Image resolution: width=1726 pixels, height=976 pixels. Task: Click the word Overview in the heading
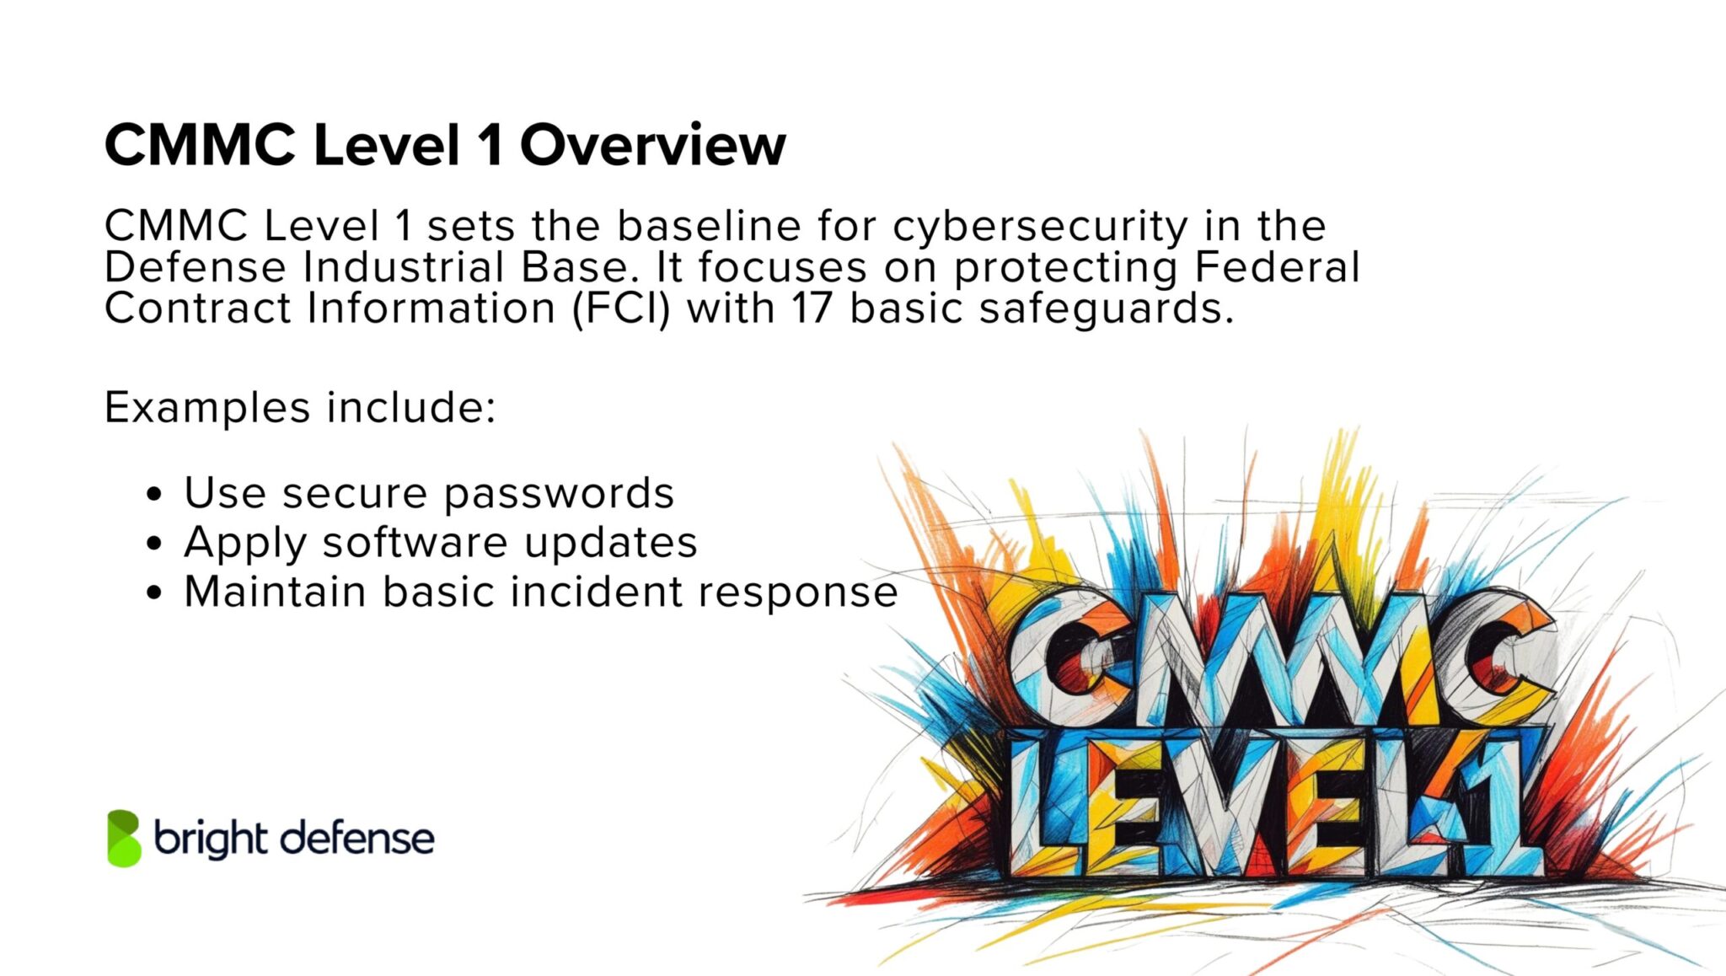tap(652, 145)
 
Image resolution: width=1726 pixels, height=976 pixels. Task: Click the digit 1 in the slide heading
tap(490, 145)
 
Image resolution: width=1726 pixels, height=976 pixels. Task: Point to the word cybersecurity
tap(1040, 226)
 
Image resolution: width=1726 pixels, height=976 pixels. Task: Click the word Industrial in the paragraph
tap(404, 267)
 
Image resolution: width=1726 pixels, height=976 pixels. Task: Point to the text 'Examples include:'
tap(300, 408)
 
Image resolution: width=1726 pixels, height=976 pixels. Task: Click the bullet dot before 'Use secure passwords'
tap(153, 494)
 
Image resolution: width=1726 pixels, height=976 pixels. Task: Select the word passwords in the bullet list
tap(559, 494)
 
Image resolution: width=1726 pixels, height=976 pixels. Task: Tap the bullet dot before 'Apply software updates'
tap(153, 544)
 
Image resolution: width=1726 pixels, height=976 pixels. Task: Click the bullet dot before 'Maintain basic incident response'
tap(153, 593)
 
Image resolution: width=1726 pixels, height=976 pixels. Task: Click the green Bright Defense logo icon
tap(124, 838)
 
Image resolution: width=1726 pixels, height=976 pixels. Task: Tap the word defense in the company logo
tap(357, 839)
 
